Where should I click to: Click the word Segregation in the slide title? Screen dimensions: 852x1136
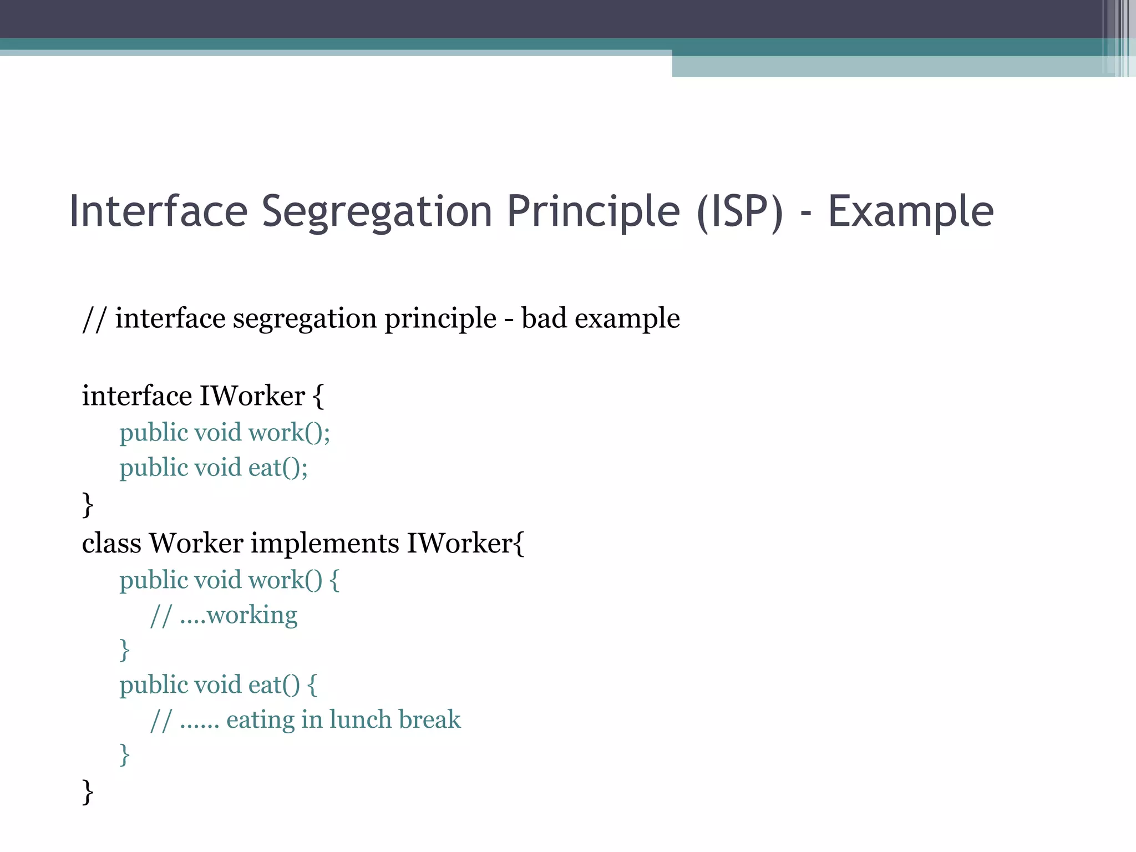[377, 212]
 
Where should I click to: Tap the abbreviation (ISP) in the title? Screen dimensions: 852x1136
[740, 212]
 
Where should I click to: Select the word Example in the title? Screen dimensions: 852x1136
[910, 212]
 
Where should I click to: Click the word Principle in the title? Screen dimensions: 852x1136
[593, 212]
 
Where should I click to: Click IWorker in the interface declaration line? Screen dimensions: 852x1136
[252, 396]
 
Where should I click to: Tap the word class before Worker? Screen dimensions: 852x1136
[111, 543]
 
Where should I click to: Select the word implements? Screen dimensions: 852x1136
[324, 543]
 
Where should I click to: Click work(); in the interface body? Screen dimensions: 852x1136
[289, 433]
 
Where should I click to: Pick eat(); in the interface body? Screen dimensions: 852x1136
[278, 468]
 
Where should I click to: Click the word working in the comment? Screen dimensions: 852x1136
[252, 615]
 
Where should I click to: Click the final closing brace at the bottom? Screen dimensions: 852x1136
[88, 792]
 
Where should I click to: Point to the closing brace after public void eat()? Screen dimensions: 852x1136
[88, 504]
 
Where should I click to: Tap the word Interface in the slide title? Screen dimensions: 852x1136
[158, 212]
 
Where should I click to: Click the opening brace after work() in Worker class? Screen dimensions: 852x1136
[334, 580]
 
